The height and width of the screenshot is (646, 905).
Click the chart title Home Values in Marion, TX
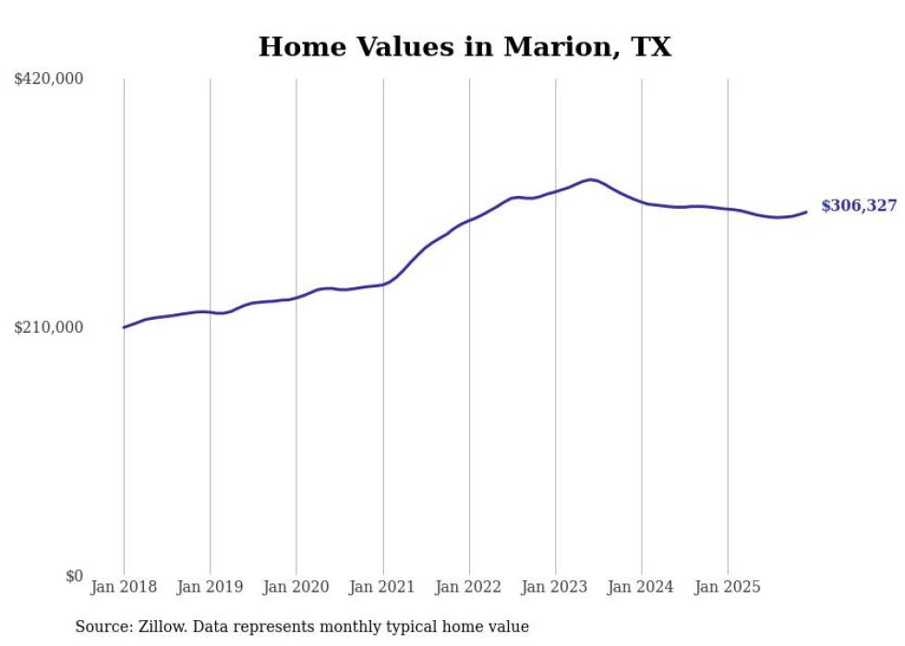(465, 46)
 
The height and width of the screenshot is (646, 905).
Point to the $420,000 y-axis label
(49, 79)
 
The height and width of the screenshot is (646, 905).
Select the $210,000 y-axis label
(49, 327)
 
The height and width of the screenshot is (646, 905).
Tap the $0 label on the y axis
(74, 576)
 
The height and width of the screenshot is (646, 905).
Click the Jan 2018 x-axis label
(124, 587)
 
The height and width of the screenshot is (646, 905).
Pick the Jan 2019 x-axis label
(210, 587)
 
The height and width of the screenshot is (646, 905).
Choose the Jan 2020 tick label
(296, 587)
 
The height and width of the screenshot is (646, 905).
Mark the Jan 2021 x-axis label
(382, 587)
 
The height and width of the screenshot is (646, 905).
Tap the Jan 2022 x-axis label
(469, 587)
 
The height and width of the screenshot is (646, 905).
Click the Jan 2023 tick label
(555, 587)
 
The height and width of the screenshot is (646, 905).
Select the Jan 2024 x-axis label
(642, 587)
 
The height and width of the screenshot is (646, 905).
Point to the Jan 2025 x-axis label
(728, 587)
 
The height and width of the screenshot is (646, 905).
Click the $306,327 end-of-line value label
(859, 206)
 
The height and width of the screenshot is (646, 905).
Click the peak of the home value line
(590, 179)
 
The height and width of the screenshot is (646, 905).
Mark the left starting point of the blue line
(124, 327)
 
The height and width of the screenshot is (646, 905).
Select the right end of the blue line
(806, 213)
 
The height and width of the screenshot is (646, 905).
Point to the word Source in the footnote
(100, 627)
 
